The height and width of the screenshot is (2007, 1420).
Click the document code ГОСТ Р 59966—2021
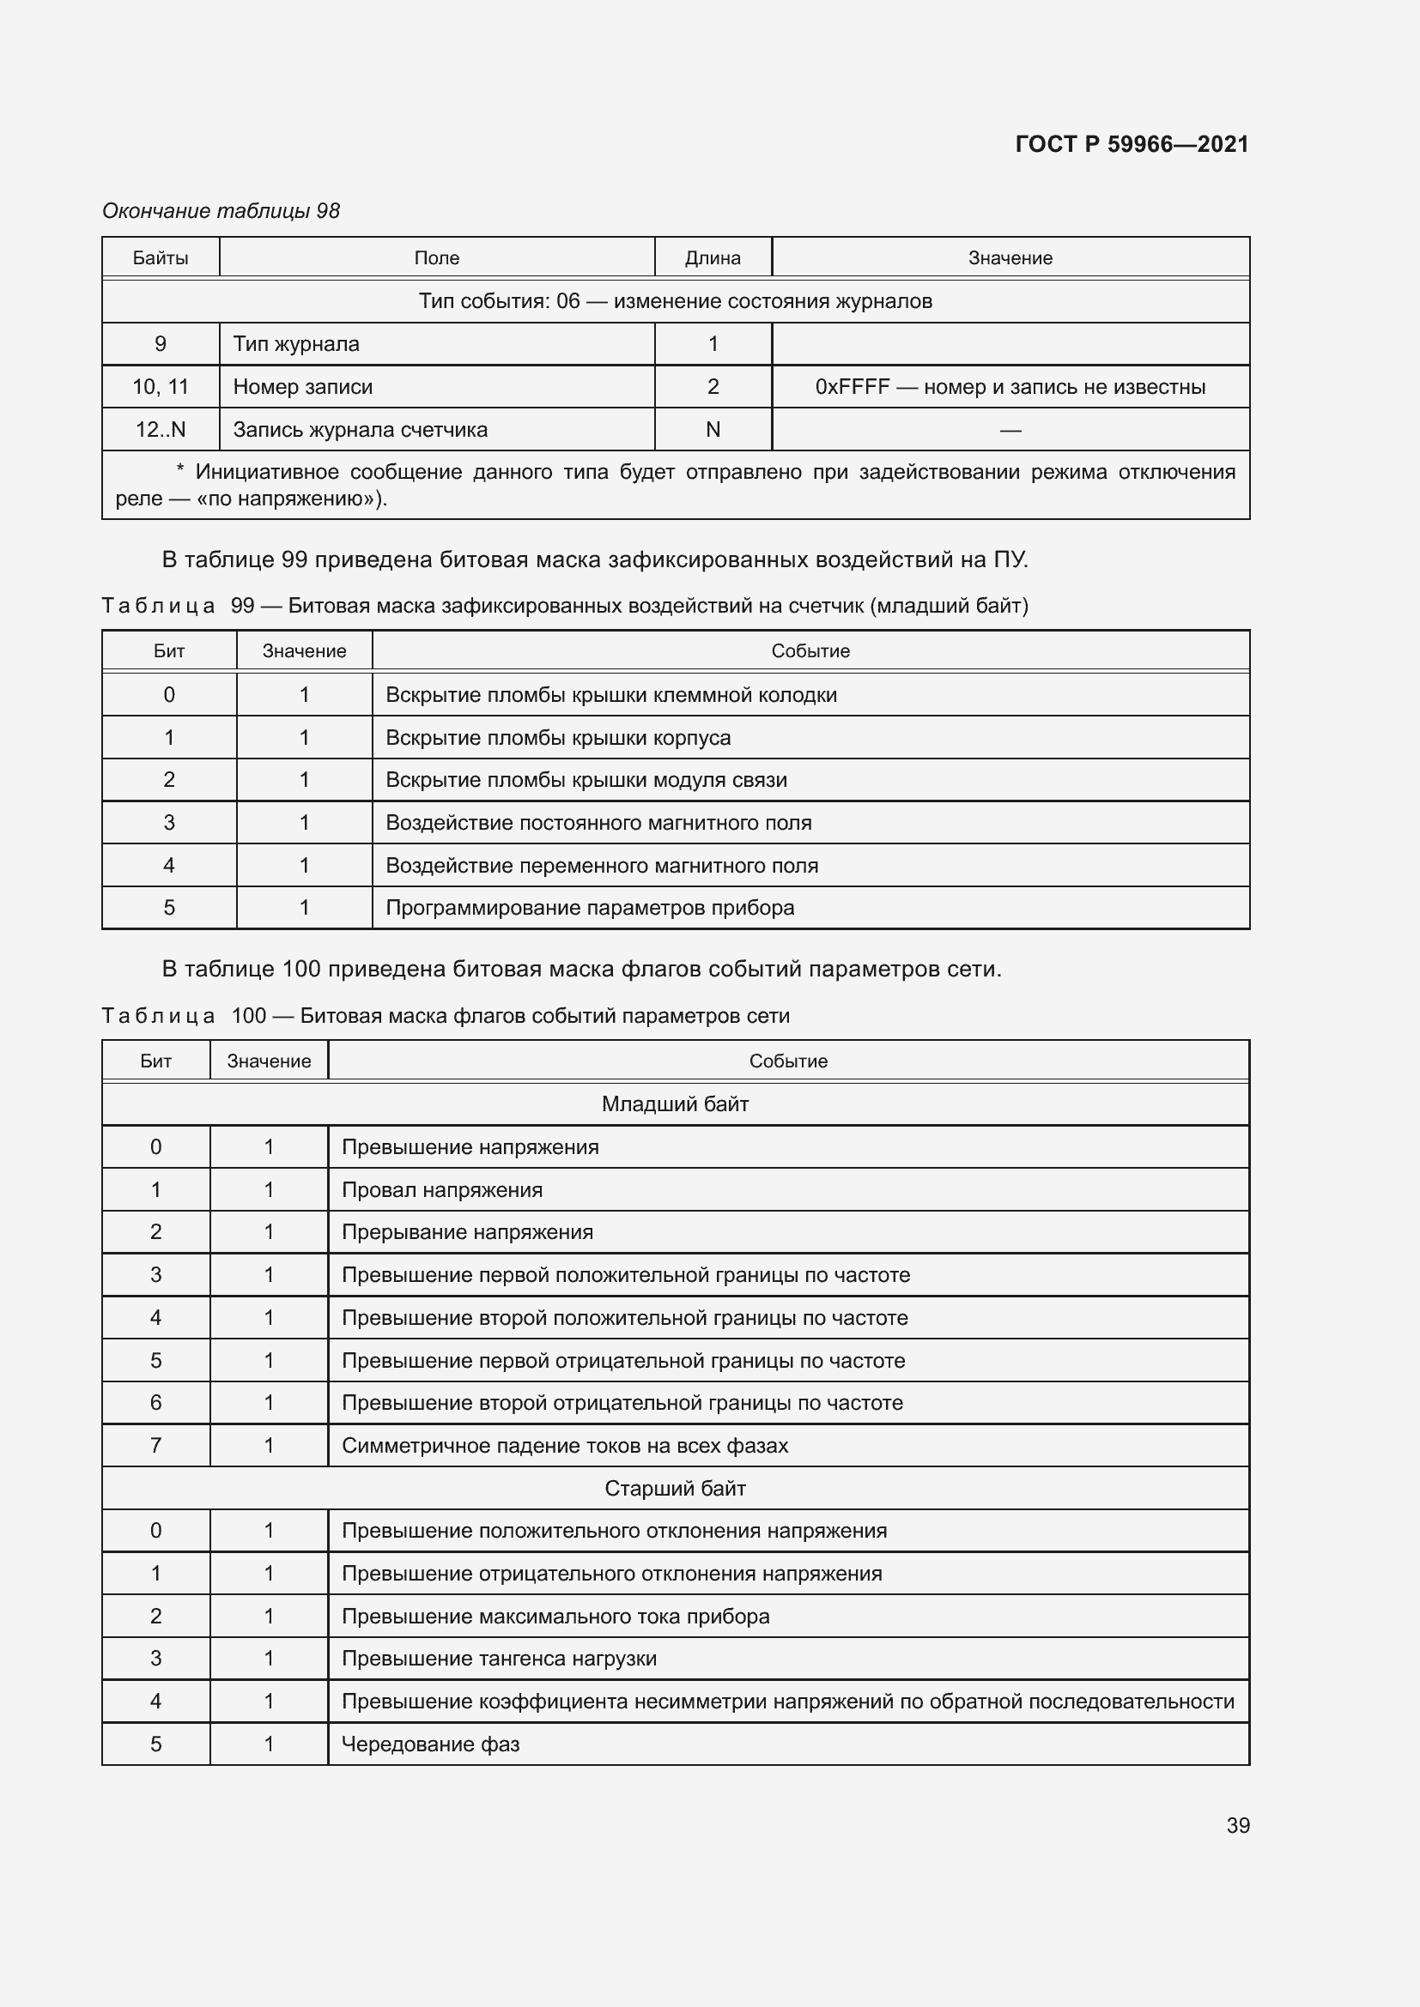click(x=1132, y=144)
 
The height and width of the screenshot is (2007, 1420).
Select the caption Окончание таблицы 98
click(x=221, y=211)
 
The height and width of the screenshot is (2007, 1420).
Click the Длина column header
click(x=713, y=258)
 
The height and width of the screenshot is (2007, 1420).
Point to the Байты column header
click(x=160, y=258)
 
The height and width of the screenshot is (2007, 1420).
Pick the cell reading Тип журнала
click(x=296, y=343)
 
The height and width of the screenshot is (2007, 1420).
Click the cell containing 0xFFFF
click(x=1009, y=386)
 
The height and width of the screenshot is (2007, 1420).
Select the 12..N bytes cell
click(x=160, y=429)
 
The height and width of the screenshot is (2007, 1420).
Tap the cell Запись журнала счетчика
click(x=361, y=429)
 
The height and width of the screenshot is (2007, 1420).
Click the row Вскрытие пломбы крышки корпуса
click(x=558, y=737)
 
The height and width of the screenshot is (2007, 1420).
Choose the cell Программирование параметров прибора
click(x=589, y=907)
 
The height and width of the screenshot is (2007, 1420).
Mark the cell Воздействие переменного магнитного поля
click(x=602, y=866)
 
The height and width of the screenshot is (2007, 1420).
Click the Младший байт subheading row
click(x=675, y=1104)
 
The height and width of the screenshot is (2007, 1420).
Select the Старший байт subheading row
click(x=675, y=1489)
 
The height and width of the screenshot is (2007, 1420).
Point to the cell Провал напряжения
click(x=441, y=1189)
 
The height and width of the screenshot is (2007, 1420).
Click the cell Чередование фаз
click(x=430, y=1744)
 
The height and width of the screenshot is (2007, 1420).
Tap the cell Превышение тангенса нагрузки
click(x=499, y=1659)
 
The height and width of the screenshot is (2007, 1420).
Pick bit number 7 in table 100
click(x=155, y=1446)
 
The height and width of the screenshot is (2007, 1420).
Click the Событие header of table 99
click(x=810, y=651)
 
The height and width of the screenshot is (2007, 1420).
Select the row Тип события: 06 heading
click(x=675, y=300)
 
